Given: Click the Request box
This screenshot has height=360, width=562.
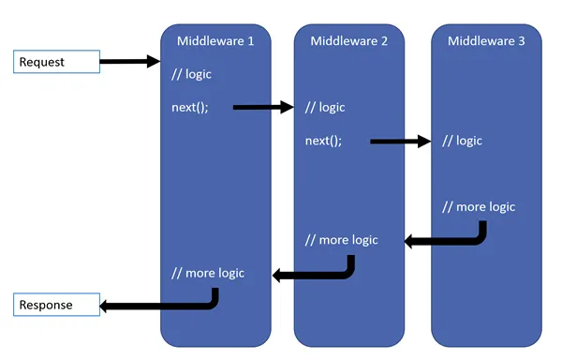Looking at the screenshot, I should pos(56,62).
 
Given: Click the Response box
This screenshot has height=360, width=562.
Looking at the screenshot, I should pos(56,306).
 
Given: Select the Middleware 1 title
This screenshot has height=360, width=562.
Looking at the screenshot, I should pos(215,40).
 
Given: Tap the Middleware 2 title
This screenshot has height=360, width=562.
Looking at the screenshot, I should pos(349,40).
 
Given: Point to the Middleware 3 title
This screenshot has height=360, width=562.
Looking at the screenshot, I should pos(486,40).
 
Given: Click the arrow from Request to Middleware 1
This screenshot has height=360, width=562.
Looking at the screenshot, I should pos(129,62).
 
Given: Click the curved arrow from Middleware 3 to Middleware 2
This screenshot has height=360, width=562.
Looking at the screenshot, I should pos(450,240).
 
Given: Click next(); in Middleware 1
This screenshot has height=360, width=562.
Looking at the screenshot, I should pos(190,107).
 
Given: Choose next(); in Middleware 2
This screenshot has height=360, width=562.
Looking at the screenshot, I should pos(324,141).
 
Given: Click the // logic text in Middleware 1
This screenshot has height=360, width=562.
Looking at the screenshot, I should pos(192,74).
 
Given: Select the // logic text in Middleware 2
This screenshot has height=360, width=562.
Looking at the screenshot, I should pos(325,107).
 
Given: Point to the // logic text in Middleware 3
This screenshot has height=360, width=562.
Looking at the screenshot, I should pos(462,141).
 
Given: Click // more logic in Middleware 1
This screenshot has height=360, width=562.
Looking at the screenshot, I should pos(208,273).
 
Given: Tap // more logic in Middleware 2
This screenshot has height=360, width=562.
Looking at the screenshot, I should pos(342,240).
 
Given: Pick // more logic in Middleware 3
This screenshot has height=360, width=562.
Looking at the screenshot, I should pos(479,206).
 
